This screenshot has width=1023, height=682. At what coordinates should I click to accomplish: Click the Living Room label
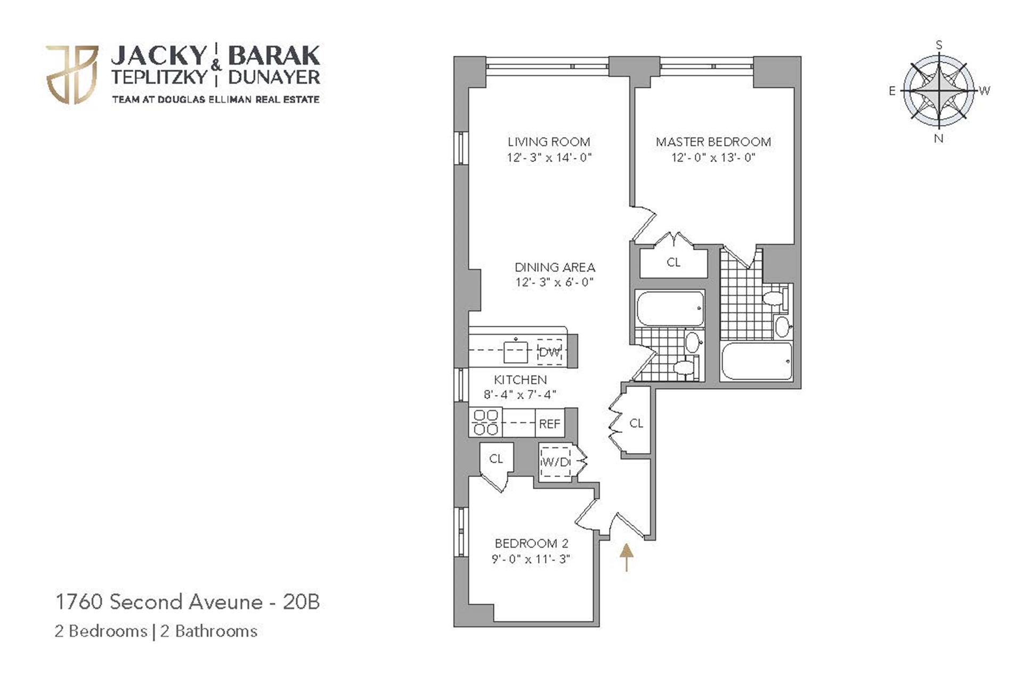click(549, 142)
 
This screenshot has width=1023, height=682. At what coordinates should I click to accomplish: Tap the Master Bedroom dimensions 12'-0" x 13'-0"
click(713, 158)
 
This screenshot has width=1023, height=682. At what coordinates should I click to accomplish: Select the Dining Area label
click(555, 267)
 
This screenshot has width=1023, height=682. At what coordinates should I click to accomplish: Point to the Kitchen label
click(520, 380)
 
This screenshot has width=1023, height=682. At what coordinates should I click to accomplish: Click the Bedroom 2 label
click(531, 544)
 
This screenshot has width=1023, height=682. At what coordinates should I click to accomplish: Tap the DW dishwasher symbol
click(550, 352)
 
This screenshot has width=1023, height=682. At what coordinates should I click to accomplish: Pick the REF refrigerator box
click(550, 424)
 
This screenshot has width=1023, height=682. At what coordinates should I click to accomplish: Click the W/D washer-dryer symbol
click(556, 462)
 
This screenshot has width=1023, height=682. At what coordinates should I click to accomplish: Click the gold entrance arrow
click(627, 557)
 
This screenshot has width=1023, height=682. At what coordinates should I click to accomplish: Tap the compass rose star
click(939, 90)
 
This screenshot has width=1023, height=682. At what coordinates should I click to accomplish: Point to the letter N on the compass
click(939, 138)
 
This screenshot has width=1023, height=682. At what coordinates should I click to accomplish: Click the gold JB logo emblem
click(72, 75)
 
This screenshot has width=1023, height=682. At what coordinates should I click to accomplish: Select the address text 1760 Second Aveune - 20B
click(188, 602)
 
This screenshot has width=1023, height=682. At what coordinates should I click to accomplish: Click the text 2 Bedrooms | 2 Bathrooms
click(156, 631)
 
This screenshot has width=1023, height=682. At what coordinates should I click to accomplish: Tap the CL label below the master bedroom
click(673, 262)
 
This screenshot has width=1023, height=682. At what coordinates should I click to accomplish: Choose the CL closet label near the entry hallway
click(636, 423)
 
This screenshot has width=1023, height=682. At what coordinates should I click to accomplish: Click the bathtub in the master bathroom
click(756, 361)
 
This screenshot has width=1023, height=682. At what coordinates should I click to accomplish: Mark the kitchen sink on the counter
click(515, 351)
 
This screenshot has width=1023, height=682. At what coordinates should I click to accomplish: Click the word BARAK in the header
click(274, 55)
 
